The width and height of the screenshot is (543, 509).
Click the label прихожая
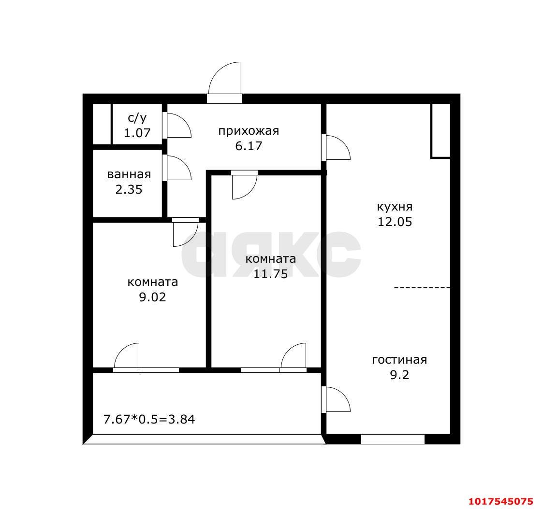(249, 131)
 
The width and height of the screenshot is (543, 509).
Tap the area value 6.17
(249, 146)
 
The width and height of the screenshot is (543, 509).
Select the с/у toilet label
(137, 118)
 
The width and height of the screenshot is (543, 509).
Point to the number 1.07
(137, 133)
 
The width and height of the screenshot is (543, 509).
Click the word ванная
(129, 175)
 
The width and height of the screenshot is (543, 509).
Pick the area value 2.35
(129, 190)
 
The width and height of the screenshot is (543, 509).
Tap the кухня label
(395, 207)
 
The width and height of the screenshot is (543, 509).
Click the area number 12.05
(395, 222)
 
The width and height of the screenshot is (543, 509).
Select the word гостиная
(399, 360)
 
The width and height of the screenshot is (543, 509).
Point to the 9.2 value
(399, 375)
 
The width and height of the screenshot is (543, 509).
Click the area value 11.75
(270, 274)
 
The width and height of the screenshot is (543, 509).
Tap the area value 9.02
(152, 297)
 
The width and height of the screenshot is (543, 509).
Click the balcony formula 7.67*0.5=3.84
(149, 420)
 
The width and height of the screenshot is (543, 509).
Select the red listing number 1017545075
(501, 501)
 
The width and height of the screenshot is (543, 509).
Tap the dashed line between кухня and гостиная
(422, 287)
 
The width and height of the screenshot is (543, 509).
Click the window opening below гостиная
(393, 439)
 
